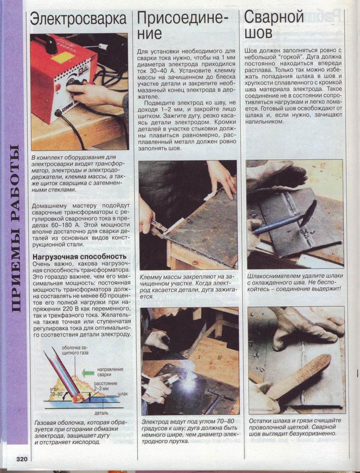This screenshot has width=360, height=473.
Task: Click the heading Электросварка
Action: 78,19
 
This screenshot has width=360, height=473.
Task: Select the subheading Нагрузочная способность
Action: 79,257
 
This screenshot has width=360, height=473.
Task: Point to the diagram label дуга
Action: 80,399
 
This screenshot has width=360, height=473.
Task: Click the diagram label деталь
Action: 102,413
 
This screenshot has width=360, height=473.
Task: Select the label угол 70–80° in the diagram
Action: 57,391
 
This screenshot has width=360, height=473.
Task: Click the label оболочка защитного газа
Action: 76,350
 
